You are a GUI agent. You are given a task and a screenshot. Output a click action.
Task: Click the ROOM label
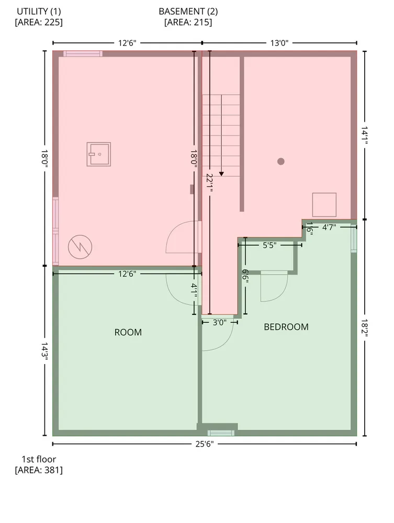[x=128, y=332]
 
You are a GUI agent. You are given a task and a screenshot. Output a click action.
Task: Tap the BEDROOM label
[x=286, y=327]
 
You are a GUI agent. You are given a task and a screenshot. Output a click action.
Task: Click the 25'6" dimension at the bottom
[x=205, y=444]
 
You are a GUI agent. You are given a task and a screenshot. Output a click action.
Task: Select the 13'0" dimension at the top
[x=279, y=43]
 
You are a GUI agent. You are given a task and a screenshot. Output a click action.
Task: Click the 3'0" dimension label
[x=220, y=322]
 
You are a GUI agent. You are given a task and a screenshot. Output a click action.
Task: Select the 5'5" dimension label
[x=269, y=245]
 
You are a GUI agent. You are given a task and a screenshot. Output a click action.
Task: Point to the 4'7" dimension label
[x=329, y=227]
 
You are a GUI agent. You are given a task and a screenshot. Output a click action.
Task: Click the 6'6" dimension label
[x=245, y=276]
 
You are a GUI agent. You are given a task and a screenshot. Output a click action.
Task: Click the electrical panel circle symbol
[x=80, y=247]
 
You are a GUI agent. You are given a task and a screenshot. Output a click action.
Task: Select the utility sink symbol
[x=99, y=154]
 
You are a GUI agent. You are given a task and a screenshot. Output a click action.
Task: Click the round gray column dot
[x=281, y=162]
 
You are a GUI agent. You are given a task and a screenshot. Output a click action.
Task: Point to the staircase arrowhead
[x=221, y=174]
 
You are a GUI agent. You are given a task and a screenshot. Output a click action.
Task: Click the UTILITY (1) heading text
[x=39, y=12]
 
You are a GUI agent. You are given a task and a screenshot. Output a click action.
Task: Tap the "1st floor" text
[x=39, y=459]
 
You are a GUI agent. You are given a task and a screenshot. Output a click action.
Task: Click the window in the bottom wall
[x=221, y=433]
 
